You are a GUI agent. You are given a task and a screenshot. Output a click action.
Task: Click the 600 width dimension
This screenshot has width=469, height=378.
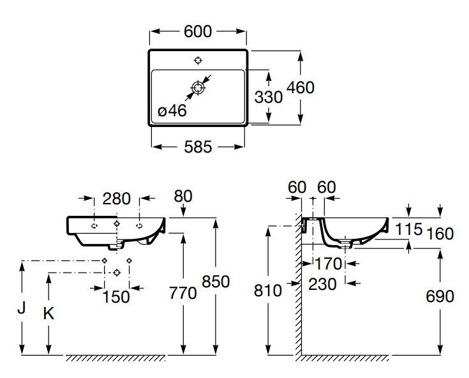coord(198,31)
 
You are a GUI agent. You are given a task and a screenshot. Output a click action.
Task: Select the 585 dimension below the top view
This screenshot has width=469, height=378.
coord(198,147)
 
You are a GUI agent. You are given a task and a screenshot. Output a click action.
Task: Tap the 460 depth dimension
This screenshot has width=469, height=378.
coord(300,87)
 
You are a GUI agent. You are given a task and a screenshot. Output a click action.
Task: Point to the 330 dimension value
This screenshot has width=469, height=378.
coord(269,97)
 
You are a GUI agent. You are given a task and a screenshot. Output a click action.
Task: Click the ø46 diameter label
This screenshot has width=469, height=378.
coord(172,111)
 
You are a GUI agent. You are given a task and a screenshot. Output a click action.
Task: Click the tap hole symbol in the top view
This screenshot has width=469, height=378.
coord(198,61)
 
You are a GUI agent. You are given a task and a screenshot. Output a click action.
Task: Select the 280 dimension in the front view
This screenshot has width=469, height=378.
coord(117,199)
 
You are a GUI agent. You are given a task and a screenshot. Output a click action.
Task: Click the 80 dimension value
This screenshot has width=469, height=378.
coord(183,196)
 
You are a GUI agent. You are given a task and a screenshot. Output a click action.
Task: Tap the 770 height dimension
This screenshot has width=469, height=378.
coord(183,293)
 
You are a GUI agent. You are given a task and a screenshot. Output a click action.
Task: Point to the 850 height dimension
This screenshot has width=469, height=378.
coord(215,282)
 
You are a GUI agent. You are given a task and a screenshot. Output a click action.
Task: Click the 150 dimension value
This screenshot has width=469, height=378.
coord(117,297)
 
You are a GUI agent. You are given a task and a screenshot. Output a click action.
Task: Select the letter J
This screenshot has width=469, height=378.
coord(22,308)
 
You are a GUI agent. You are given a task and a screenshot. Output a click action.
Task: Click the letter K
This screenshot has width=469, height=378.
coord(48,314)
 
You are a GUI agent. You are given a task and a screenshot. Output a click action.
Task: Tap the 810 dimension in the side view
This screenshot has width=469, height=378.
coord(268,291)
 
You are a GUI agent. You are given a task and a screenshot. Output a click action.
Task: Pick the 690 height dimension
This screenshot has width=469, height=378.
coord(440,296)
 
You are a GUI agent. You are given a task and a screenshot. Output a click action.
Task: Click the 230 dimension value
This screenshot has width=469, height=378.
coord(322,283)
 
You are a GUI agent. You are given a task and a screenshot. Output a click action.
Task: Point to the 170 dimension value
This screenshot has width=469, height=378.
coord(330,262)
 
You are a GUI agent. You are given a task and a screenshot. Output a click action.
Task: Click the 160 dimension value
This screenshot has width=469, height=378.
coord(440,234)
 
